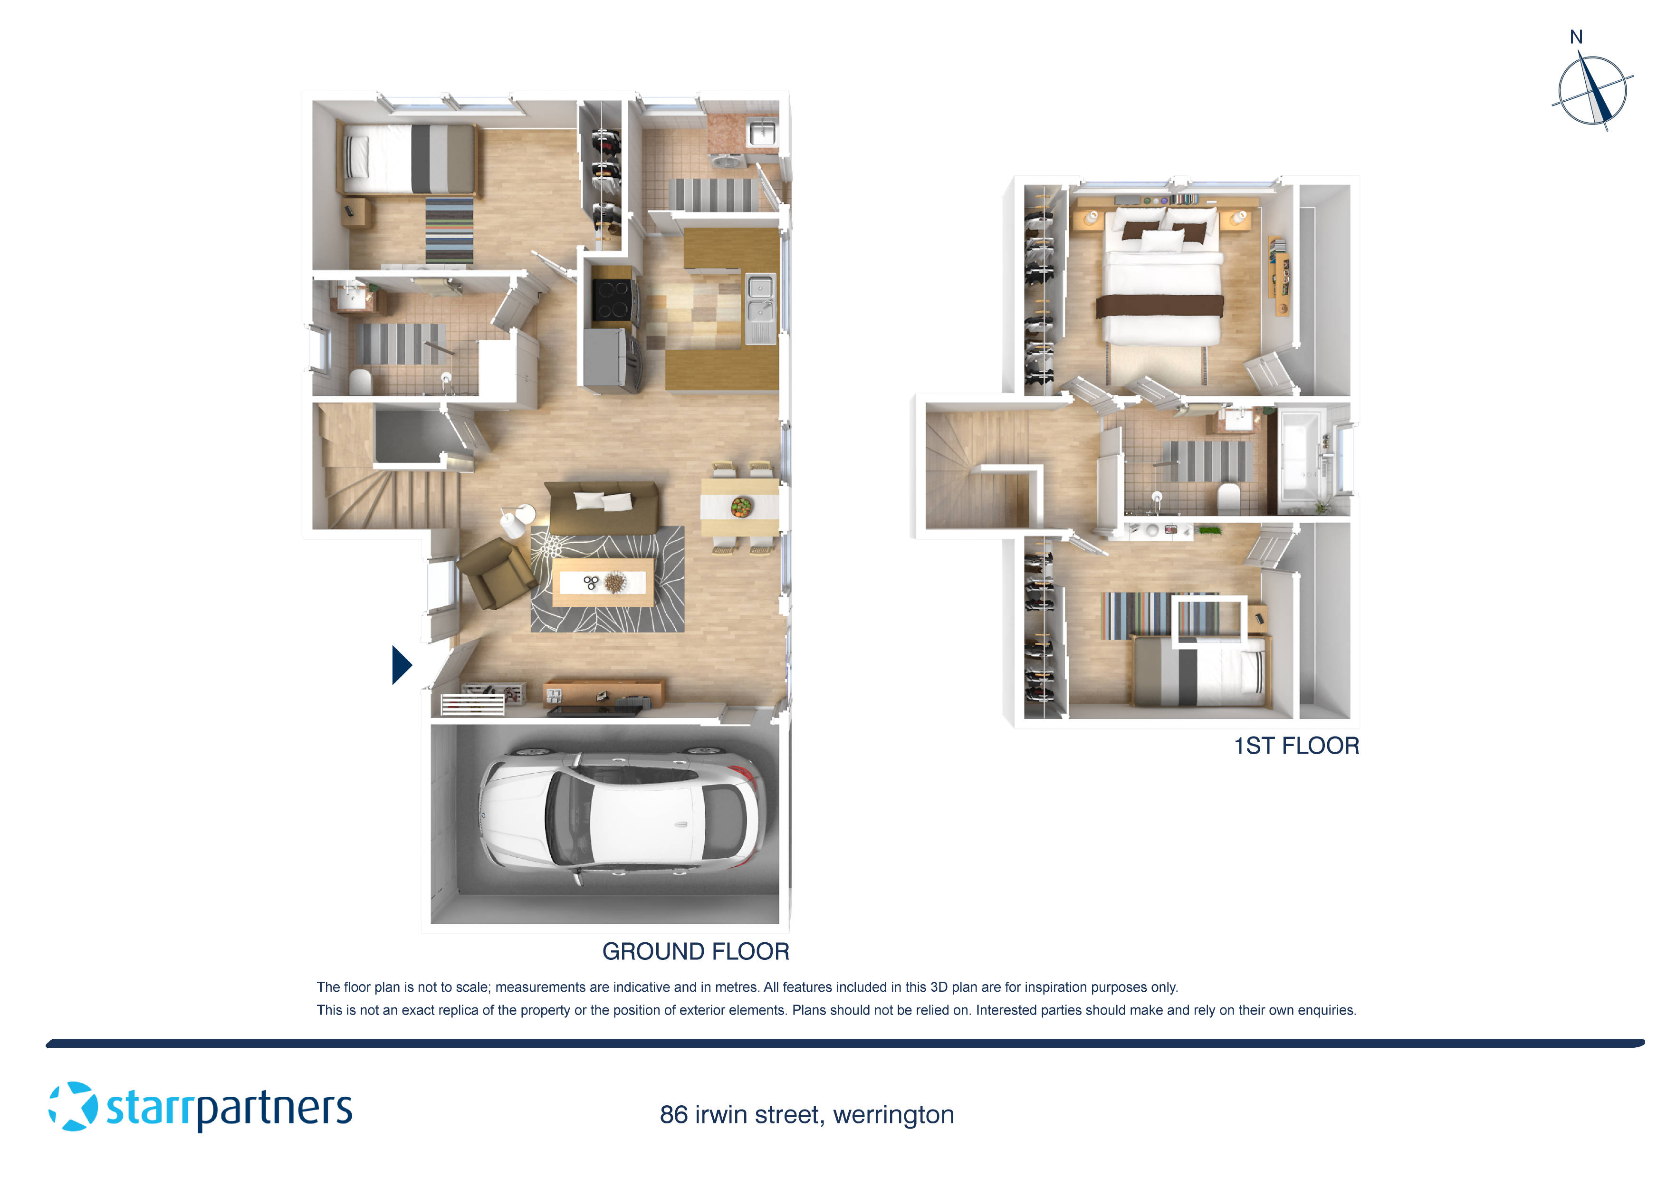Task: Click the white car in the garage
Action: point(619,818)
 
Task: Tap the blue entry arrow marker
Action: point(401,665)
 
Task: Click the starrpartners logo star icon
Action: point(73,1106)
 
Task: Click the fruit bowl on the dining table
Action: point(741,506)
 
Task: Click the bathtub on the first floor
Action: point(1300,457)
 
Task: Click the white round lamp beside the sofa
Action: point(513,523)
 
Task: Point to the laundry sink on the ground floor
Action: point(762,134)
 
